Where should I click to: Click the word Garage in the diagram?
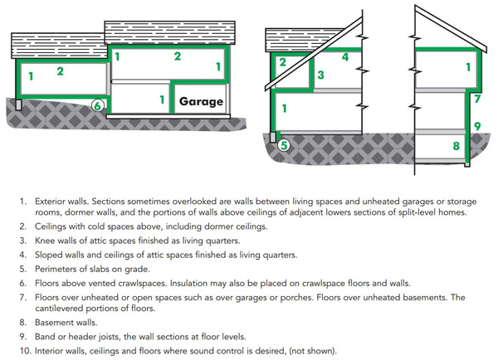click(x=201, y=102)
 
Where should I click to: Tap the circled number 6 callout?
click(x=97, y=105)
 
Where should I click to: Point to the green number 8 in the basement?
click(x=456, y=147)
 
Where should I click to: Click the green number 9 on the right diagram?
click(x=477, y=126)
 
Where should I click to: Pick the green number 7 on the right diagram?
click(x=477, y=99)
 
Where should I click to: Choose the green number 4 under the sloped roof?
click(x=344, y=57)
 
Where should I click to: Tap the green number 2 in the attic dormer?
click(x=282, y=62)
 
